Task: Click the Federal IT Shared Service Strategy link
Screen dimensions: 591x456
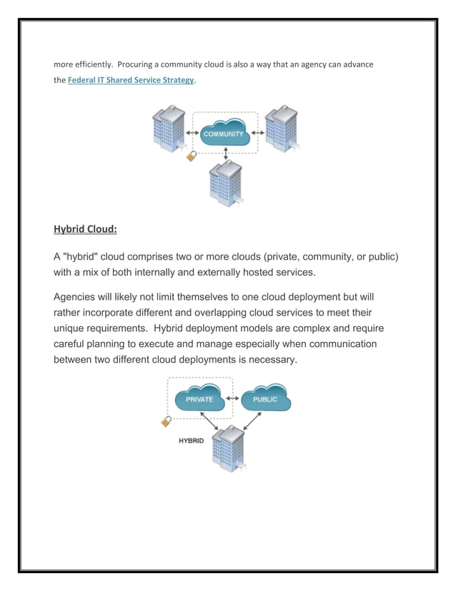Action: (x=131, y=80)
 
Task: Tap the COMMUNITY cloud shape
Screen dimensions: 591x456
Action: (x=224, y=135)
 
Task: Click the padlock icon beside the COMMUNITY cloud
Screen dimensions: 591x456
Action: (x=191, y=155)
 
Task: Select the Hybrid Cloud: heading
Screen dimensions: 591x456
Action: (x=85, y=230)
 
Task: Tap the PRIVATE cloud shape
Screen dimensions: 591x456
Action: (x=199, y=399)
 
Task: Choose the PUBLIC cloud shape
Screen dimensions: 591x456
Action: (x=264, y=399)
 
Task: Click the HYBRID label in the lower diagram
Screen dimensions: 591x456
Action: (x=191, y=441)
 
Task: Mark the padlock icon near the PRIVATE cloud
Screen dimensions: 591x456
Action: (x=166, y=421)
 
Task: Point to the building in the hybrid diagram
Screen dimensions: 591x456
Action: (x=231, y=448)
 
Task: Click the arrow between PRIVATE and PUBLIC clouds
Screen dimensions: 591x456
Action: (x=232, y=399)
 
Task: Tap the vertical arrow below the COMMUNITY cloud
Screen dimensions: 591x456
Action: (x=226, y=153)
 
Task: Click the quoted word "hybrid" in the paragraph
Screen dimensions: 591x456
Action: (x=83, y=256)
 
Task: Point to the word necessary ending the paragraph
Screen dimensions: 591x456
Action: (x=269, y=359)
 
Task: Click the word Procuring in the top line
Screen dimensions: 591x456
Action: (x=140, y=64)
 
